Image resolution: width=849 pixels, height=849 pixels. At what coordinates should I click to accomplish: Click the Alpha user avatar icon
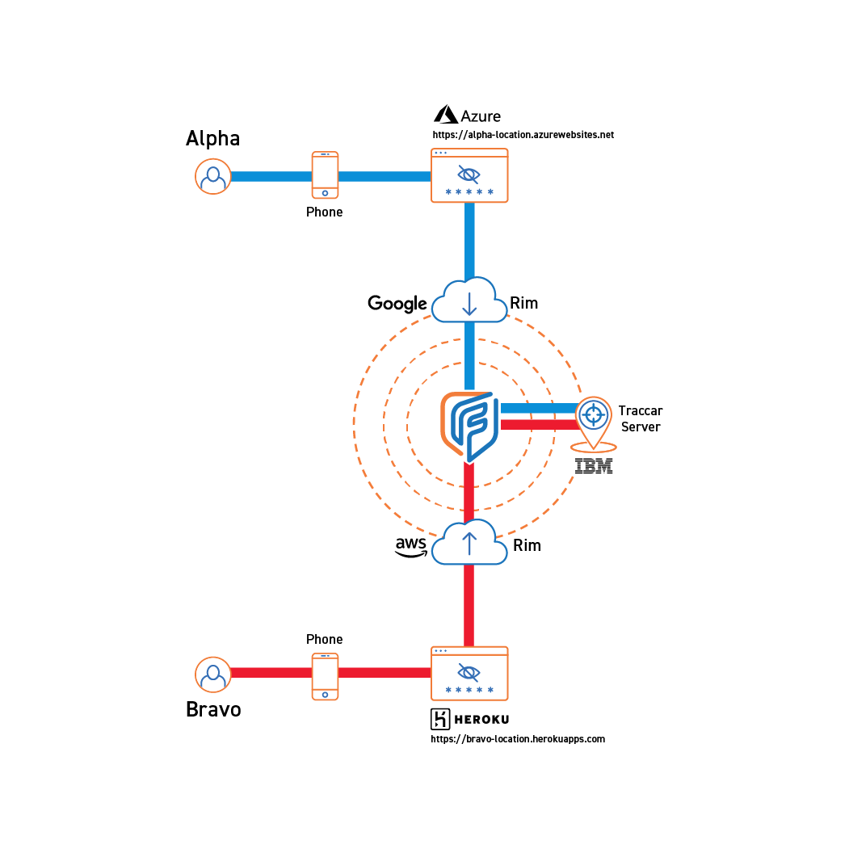click(x=213, y=176)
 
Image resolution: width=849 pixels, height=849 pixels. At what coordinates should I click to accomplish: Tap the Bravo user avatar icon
click(x=213, y=674)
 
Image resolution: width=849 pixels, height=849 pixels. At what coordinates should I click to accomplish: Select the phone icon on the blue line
click(x=325, y=174)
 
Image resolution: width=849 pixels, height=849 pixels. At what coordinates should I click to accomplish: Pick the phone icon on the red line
click(x=325, y=676)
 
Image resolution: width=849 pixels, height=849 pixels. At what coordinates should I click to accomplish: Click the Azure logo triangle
click(x=445, y=115)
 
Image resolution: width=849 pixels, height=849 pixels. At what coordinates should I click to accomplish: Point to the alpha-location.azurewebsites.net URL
click(x=523, y=135)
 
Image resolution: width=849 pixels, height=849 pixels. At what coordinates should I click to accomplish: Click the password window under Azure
click(x=469, y=175)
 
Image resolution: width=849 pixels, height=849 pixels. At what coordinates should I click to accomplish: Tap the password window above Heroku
click(x=469, y=673)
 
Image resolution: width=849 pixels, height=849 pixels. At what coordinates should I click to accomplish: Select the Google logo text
click(x=397, y=304)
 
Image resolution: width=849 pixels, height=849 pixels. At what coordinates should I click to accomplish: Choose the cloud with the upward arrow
click(x=469, y=543)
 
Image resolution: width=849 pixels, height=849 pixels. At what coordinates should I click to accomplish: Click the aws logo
click(x=411, y=547)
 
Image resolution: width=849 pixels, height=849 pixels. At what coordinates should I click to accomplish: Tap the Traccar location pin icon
click(x=594, y=420)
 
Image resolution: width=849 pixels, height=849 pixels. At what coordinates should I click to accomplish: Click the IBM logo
click(x=594, y=466)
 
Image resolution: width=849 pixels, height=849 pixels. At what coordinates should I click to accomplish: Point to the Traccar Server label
click(x=641, y=418)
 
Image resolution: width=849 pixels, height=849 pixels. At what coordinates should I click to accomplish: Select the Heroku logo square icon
click(x=441, y=719)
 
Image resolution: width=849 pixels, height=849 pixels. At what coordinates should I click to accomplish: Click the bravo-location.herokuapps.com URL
click(x=518, y=738)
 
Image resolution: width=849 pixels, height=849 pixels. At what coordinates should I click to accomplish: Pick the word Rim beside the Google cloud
click(x=523, y=304)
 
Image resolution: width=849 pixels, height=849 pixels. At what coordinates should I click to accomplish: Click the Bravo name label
click(x=213, y=709)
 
